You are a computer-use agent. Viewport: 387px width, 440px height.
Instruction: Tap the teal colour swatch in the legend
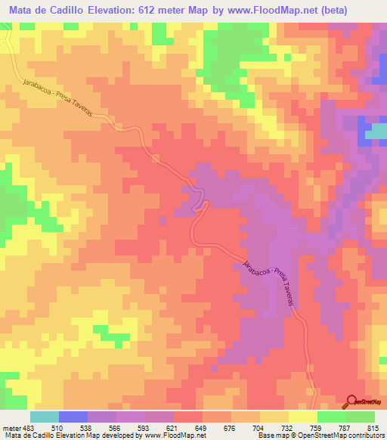tap(45, 417)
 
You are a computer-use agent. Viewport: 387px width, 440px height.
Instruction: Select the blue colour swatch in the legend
tap(73, 417)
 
